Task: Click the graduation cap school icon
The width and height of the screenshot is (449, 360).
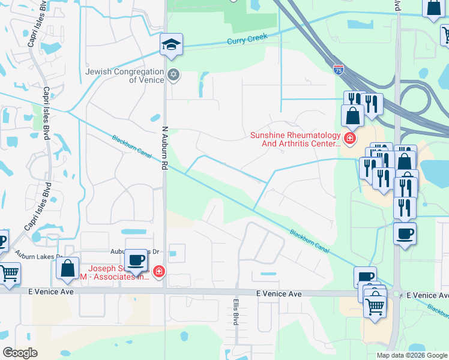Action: coord(171,44)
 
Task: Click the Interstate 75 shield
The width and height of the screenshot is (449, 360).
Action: coord(339,70)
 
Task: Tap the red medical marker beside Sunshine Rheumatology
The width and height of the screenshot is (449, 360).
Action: coord(350,140)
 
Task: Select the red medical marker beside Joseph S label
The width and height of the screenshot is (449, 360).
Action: coord(158,272)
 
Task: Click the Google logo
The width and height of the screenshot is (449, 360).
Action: coord(20,353)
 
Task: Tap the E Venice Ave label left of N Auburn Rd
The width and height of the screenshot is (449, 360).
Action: coord(51,292)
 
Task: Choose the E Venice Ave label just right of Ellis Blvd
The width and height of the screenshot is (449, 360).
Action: coord(279,294)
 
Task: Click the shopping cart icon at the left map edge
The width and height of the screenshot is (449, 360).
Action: coord(10,274)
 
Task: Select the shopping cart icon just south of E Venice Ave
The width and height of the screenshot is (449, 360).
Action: coord(375,307)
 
